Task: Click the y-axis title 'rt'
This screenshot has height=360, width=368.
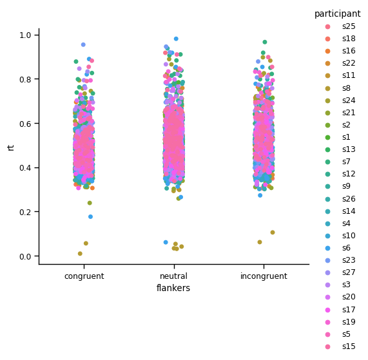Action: coord(11,147)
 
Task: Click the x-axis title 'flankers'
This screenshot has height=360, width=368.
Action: coord(173,289)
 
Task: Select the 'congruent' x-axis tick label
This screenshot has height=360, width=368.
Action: coord(84,276)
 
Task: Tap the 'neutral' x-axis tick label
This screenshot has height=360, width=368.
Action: coord(173,276)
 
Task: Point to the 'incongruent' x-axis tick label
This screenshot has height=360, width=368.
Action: coord(264,276)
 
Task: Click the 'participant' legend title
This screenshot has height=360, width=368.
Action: coord(337,14)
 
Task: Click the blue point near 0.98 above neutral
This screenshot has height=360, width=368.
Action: coord(176,39)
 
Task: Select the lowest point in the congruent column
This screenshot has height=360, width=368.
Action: coord(80,254)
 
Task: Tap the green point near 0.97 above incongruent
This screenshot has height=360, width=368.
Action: coord(264,43)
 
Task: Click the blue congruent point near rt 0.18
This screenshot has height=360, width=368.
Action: coord(90,217)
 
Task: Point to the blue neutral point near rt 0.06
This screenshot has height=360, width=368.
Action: coord(166,243)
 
